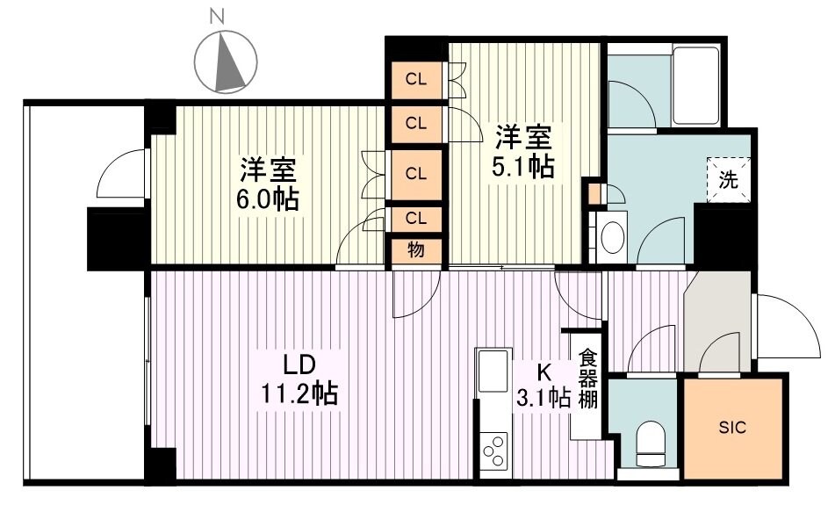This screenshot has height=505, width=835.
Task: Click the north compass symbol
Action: (226, 61)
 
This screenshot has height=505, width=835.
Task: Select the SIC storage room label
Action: (732, 428)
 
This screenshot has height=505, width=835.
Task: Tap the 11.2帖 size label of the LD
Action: (298, 393)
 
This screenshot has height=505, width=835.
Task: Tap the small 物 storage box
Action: (416, 249)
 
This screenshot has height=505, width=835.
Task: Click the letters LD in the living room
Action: (298, 363)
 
